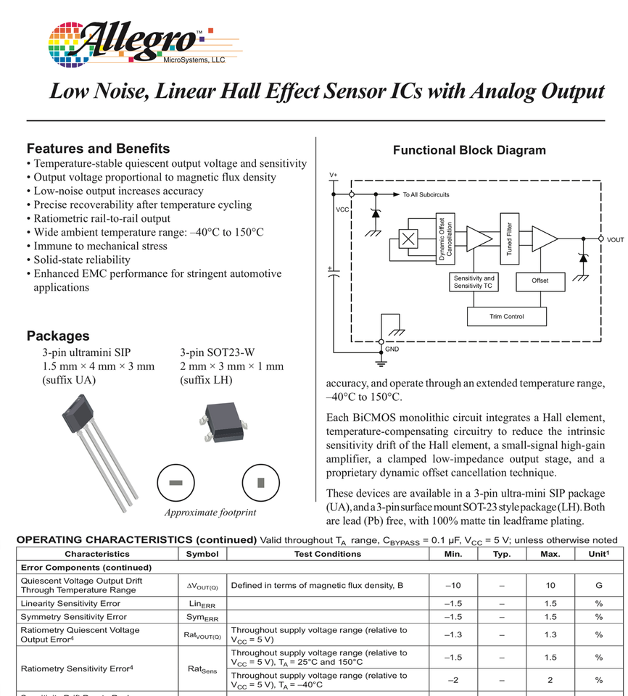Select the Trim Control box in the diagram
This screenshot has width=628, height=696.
[506, 316]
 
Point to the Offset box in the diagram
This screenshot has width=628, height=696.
[540, 281]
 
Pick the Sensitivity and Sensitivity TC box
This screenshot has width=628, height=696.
[474, 281]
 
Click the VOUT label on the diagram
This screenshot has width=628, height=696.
[615, 239]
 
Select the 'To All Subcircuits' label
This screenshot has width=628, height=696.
[426, 195]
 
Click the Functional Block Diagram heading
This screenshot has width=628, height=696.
[469, 151]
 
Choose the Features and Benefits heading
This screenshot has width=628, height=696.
[98, 149]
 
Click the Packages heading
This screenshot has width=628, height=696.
[58, 336]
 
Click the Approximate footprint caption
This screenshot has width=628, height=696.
[210, 513]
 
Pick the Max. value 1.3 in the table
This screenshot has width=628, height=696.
[550, 635]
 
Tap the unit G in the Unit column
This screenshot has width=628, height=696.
[599, 586]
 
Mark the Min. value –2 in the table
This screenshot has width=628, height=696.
[453, 680]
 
